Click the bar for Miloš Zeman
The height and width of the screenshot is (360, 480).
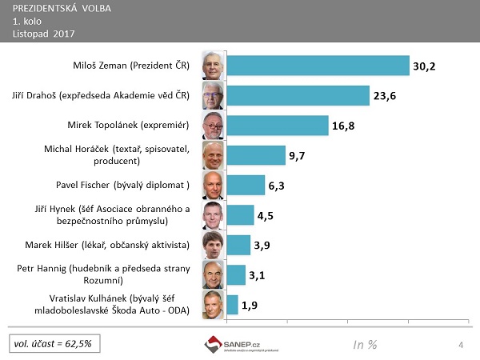(x=318, y=66)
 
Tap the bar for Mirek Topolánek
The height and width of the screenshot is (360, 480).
(x=278, y=126)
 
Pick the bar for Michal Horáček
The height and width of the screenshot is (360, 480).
(x=256, y=155)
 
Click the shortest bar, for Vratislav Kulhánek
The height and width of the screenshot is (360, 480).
(x=233, y=304)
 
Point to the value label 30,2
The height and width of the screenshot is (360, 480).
(x=424, y=67)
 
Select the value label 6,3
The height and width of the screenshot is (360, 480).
(x=277, y=186)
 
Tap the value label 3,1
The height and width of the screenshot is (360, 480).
(x=257, y=275)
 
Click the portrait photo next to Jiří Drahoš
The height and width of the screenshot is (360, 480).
(x=213, y=96)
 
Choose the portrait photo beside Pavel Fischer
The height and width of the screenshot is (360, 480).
(x=213, y=185)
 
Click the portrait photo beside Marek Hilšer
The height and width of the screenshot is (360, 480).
(x=213, y=244)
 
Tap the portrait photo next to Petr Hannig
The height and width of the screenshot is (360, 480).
(x=213, y=274)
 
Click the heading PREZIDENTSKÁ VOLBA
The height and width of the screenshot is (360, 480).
(x=62, y=9)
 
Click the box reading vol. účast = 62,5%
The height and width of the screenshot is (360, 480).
(x=52, y=343)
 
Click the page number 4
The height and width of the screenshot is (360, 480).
(x=462, y=344)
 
